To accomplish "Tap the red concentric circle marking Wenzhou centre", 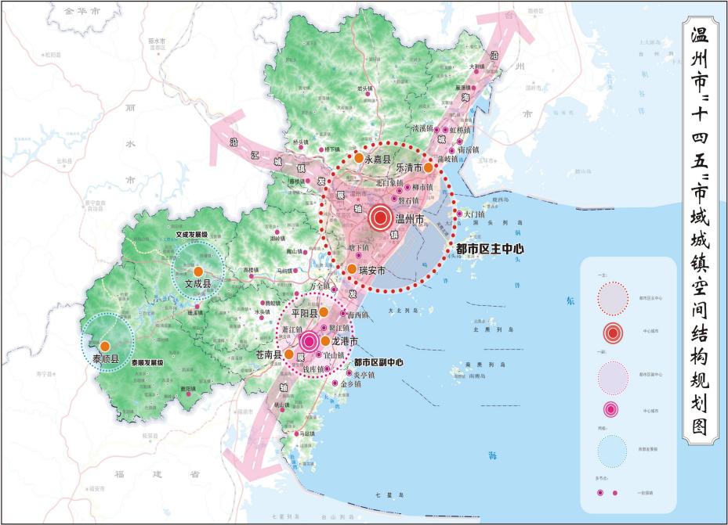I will coord(382,218).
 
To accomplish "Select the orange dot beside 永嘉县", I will coord(358,157).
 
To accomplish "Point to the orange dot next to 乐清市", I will coord(429,167).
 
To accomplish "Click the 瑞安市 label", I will coord(372,271).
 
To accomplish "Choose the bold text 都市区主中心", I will coord(490,249).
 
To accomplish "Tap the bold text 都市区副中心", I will coord(378,363).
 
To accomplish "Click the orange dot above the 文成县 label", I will coord(198,271).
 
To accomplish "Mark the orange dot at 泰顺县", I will coord(104,346).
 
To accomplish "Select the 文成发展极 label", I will coord(192,233).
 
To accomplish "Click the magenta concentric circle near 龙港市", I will coord(310,341).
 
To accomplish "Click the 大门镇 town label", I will coord(474,214).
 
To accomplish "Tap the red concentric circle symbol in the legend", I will coord(614,333).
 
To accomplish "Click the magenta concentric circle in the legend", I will coord(614,408).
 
